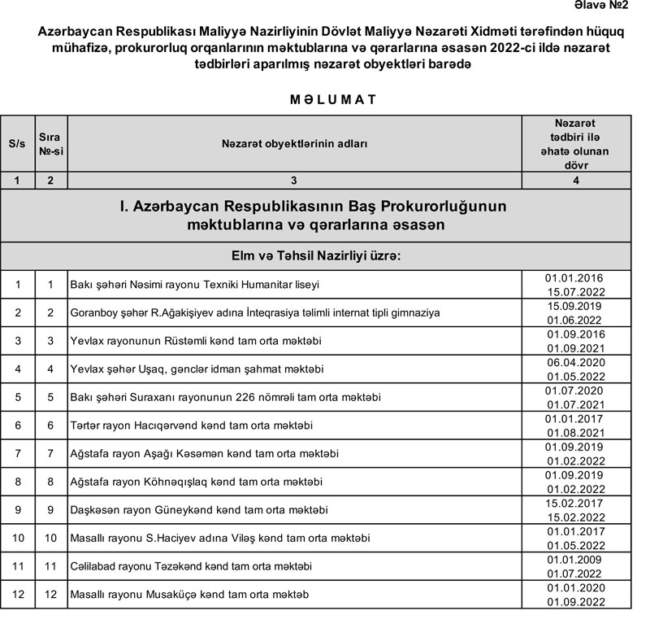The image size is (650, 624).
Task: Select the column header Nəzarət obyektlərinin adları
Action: pyautogui.click(x=294, y=144)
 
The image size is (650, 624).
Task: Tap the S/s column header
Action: pyautogui.click(x=16, y=144)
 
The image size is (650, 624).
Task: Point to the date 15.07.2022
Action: pyautogui.click(x=576, y=291)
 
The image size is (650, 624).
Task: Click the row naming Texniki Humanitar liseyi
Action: pyautogui.click(x=194, y=285)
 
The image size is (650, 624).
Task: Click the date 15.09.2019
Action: pyautogui.click(x=575, y=306)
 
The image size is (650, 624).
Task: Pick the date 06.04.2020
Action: pyautogui.click(x=575, y=361)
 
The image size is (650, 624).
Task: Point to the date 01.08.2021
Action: pyautogui.click(x=576, y=432)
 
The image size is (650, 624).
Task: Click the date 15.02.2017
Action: pyautogui.click(x=575, y=503)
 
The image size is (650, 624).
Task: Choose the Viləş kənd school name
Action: pyautogui.click(x=220, y=538)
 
